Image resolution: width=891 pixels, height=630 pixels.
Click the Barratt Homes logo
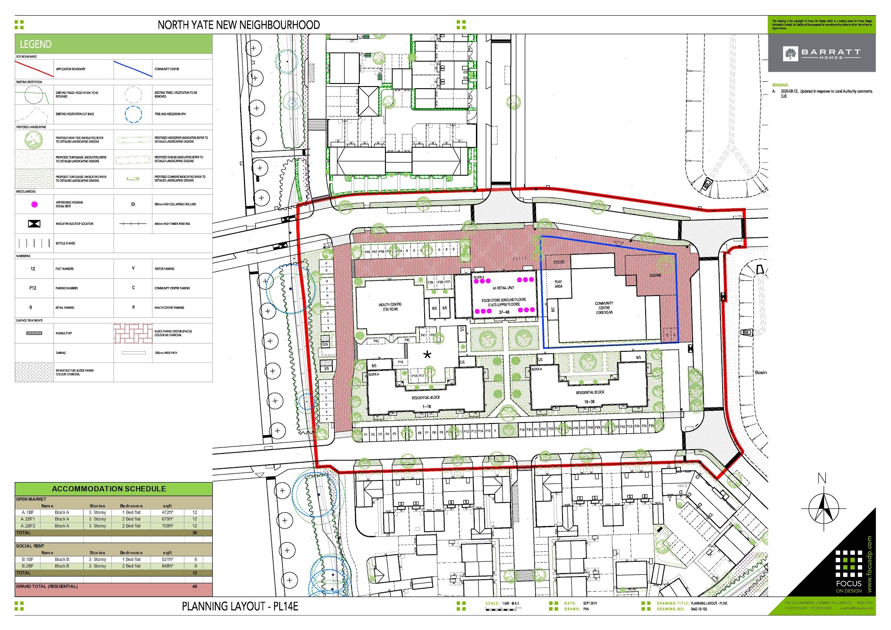[x=821, y=53]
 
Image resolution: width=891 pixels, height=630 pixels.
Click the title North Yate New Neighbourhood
[x=238, y=25]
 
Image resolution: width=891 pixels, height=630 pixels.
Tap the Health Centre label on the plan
[x=390, y=307]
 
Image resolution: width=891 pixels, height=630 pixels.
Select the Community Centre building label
[x=604, y=308]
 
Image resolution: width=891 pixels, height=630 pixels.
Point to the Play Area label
[x=558, y=284]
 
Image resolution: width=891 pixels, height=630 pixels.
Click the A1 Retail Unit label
[x=503, y=288]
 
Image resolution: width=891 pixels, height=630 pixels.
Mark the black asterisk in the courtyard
[x=427, y=355]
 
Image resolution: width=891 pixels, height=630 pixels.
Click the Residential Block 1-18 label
[x=426, y=402]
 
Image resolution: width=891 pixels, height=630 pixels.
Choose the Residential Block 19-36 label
[x=590, y=397]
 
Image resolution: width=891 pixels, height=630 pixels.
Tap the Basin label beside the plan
[x=760, y=373]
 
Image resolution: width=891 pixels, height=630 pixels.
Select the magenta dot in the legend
[x=34, y=204]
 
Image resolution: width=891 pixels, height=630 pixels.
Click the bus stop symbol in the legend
[x=34, y=224]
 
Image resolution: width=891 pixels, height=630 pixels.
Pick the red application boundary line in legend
[x=34, y=69]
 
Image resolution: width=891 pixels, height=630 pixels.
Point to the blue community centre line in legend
[x=133, y=69]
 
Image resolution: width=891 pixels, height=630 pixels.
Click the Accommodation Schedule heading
[x=109, y=489]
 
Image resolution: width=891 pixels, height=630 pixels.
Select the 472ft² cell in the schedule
[x=167, y=513]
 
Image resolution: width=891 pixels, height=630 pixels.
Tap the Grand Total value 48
[x=194, y=587]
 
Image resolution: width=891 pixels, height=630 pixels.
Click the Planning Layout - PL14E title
[x=240, y=607]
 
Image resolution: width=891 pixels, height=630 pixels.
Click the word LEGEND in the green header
[x=36, y=44]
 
